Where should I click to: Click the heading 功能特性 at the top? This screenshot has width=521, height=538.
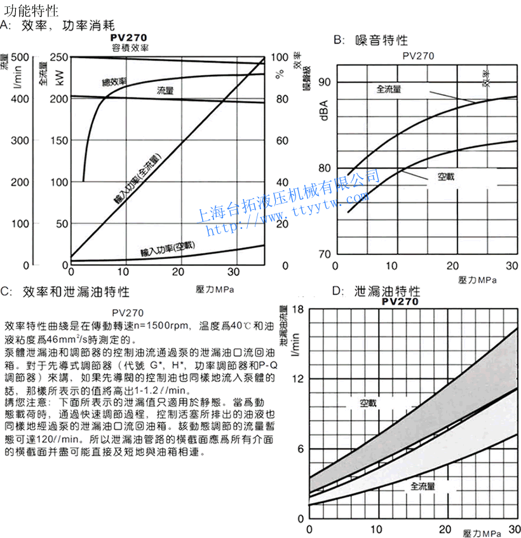(x=32, y=11)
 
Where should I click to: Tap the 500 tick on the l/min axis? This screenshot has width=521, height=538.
(x=21, y=57)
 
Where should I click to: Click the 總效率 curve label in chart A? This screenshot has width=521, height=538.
(x=114, y=82)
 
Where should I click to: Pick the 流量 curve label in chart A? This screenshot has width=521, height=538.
(x=166, y=91)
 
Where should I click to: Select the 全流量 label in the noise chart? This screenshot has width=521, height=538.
(x=389, y=89)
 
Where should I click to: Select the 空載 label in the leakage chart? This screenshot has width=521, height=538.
(x=368, y=403)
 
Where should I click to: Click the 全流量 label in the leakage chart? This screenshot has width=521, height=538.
(x=423, y=486)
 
